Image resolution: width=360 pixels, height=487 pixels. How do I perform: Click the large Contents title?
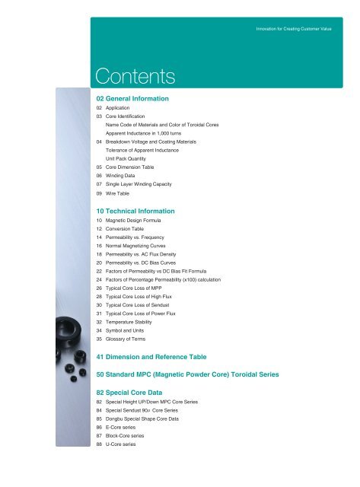click(135, 75)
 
